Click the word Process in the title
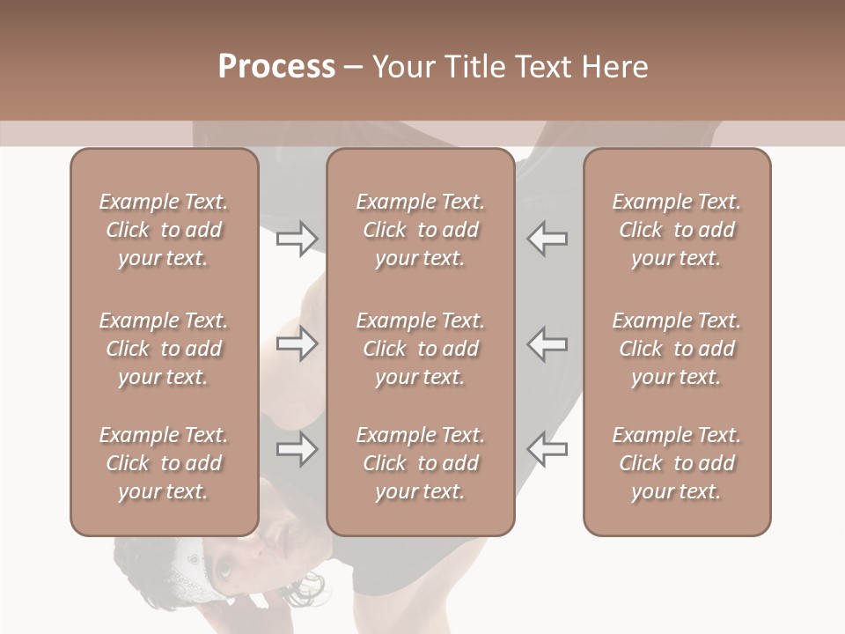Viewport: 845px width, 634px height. [x=276, y=67]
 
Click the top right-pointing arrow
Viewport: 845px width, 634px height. [x=297, y=238]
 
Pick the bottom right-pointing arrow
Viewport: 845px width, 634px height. [x=297, y=449]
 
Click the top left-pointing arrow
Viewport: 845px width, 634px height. [x=547, y=238]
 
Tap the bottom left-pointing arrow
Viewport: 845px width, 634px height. [x=547, y=449]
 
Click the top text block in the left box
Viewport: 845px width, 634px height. [x=164, y=230]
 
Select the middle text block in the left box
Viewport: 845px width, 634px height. [x=164, y=349]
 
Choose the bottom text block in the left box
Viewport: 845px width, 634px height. [x=164, y=463]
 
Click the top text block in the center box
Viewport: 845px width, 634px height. [x=420, y=230]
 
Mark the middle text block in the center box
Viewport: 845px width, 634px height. [x=420, y=349]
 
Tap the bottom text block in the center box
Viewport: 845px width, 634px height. [x=420, y=463]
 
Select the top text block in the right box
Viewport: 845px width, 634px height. [x=676, y=230]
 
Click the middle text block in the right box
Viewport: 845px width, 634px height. [x=676, y=349]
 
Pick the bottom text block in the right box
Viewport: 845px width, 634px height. [x=676, y=463]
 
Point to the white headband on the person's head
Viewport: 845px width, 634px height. [x=188, y=564]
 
